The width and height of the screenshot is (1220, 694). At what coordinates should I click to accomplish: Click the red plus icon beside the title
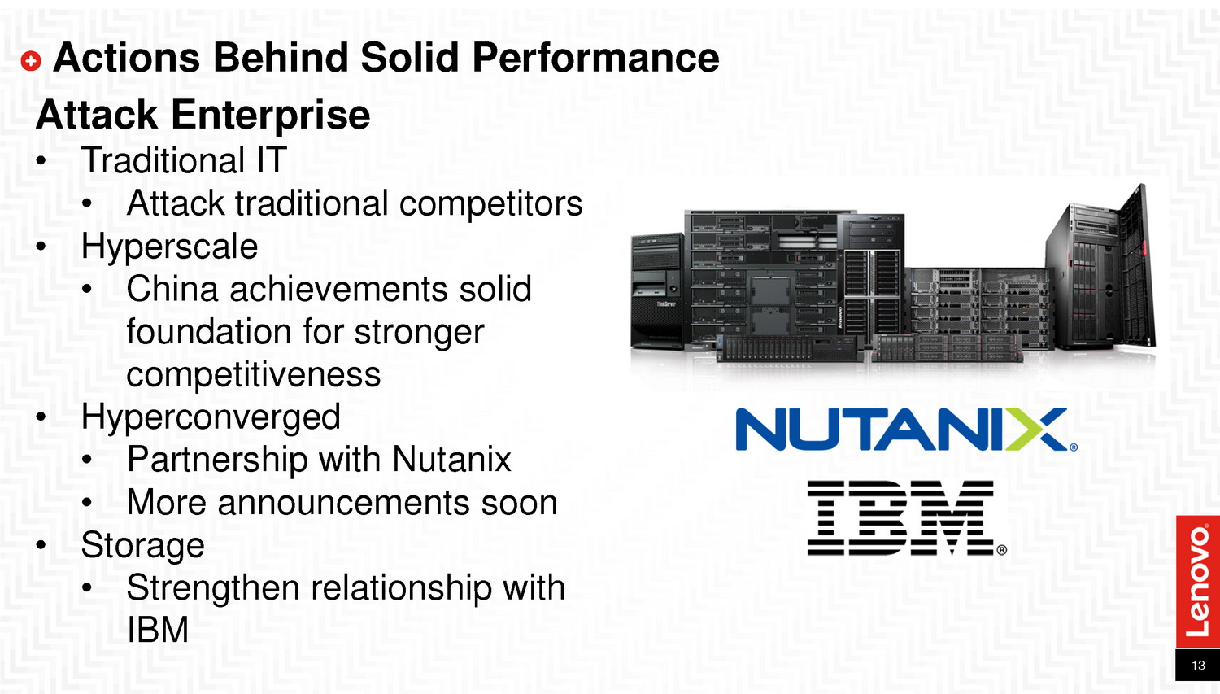[x=31, y=60]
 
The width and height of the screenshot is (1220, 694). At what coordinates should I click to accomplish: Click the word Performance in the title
[x=595, y=57]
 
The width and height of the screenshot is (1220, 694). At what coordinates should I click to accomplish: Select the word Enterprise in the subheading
[x=271, y=116]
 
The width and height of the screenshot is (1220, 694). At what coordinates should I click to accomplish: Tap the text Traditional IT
[x=184, y=160]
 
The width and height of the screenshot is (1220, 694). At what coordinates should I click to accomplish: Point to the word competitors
[x=490, y=203]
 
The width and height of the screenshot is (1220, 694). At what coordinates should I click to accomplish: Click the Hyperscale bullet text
[x=169, y=247]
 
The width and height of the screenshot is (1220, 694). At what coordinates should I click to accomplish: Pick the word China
[x=172, y=289]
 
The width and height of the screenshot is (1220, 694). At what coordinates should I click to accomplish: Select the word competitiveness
[x=253, y=375]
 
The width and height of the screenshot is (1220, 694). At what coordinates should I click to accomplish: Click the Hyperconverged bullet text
[x=211, y=417]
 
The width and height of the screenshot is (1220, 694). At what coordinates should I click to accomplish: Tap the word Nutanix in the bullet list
[x=451, y=459]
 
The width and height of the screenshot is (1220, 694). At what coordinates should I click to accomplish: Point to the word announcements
[x=344, y=502]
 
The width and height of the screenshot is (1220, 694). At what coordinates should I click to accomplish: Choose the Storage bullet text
[x=142, y=545]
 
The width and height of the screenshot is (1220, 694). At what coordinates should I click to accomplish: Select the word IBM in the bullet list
[x=158, y=630]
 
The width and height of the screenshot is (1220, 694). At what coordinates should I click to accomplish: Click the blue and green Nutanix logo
[x=906, y=430]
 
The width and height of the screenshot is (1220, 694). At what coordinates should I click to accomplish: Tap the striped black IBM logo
[x=907, y=518]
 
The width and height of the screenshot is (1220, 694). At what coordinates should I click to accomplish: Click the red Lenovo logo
[x=1198, y=582]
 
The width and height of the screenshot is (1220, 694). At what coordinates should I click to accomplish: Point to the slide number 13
[x=1198, y=666]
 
